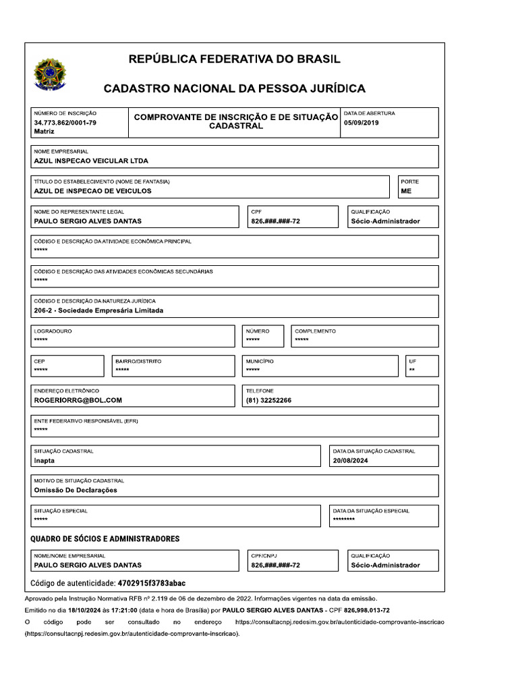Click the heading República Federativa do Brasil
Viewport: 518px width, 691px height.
(234, 59)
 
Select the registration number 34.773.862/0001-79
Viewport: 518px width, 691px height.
(65, 123)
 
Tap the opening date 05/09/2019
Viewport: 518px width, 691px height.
(362, 123)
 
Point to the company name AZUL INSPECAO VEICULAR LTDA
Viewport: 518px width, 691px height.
(90, 161)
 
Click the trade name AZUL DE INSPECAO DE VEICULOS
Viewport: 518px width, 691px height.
(92, 191)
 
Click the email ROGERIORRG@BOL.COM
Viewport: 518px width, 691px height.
(78, 401)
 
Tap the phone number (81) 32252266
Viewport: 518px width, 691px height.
(268, 401)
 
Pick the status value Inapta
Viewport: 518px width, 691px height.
(44, 461)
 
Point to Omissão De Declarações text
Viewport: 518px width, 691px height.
(75, 491)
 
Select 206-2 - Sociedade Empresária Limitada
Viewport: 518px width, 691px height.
(98, 311)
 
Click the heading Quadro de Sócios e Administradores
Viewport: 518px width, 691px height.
(105, 539)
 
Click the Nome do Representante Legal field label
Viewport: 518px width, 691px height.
(79, 212)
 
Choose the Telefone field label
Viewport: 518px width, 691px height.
(260, 391)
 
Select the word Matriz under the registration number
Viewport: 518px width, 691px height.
(44, 132)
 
